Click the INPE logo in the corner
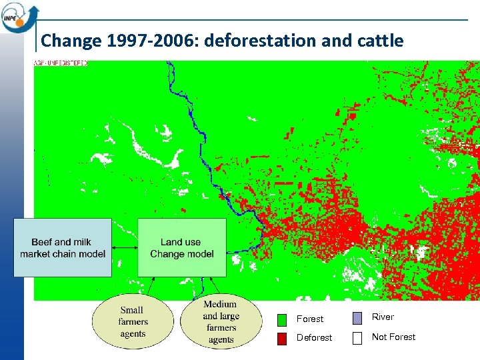(x=19, y=15)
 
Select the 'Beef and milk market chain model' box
(x=63, y=247)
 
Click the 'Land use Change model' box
(x=182, y=247)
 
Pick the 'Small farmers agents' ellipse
(x=132, y=321)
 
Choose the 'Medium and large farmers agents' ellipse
(x=220, y=322)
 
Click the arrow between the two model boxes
(x=125, y=247)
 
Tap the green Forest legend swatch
(x=282, y=319)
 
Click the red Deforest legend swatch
(x=282, y=338)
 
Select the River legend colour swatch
(x=357, y=318)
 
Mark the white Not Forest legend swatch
(x=357, y=337)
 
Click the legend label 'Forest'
(x=310, y=319)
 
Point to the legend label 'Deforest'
(x=314, y=338)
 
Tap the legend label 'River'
(x=383, y=317)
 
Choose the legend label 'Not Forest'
(x=393, y=337)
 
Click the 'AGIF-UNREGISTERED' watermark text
(x=61, y=63)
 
